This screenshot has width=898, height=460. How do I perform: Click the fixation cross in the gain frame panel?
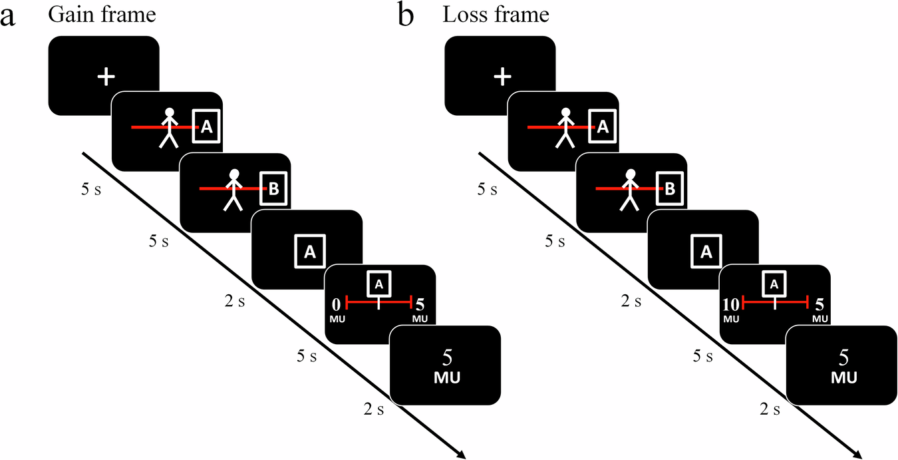[x=105, y=77]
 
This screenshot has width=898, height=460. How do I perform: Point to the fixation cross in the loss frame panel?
[x=502, y=77]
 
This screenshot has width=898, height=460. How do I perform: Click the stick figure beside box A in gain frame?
[x=169, y=127]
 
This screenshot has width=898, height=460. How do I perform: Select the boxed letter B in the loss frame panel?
[x=670, y=189]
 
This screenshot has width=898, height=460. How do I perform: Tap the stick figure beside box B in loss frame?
[x=629, y=189]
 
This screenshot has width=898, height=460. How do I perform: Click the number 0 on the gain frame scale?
[x=337, y=304]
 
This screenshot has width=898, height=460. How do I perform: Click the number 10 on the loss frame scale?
[x=730, y=304]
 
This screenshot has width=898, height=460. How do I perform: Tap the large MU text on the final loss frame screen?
[x=842, y=377]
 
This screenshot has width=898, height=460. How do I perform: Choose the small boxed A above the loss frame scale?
[x=774, y=283]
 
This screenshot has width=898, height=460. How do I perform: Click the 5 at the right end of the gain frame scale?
[x=420, y=304]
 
